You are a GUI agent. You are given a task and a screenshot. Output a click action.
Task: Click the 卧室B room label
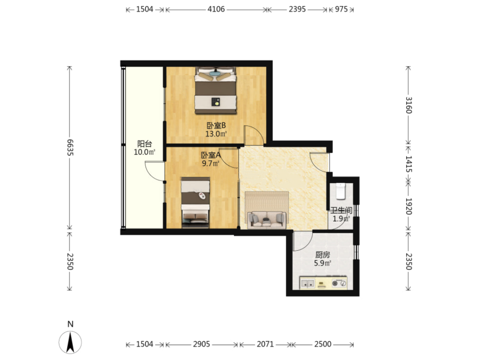[x=216, y=125]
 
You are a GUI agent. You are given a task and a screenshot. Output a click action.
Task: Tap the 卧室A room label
[x=211, y=155]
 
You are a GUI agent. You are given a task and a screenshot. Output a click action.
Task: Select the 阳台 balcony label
[x=145, y=144]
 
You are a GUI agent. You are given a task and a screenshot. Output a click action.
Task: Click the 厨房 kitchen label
[x=323, y=255]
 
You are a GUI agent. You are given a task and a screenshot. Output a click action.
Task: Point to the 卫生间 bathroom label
[x=341, y=210]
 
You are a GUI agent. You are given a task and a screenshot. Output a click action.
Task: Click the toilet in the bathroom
[x=340, y=191]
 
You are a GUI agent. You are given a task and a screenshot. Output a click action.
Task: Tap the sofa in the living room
[x=267, y=220]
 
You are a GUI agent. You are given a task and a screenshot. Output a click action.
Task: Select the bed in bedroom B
[x=216, y=90]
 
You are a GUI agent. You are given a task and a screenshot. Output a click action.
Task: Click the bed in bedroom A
[x=195, y=202]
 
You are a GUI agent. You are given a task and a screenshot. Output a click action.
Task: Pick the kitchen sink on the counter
[x=308, y=284]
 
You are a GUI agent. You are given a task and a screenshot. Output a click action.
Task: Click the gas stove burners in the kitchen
[x=339, y=284]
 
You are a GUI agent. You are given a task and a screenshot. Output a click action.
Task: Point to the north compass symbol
[x=70, y=342]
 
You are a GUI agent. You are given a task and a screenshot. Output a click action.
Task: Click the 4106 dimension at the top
[x=216, y=9]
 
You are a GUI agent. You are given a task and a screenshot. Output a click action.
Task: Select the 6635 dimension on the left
[x=70, y=147]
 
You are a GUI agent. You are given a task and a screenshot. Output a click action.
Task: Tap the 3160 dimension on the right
[x=408, y=105]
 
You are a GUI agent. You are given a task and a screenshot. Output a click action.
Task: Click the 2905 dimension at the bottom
[x=201, y=344]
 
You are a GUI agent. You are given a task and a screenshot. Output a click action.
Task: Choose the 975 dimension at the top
[x=341, y=9]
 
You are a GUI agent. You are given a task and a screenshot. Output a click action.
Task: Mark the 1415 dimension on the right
[x=408, y=164]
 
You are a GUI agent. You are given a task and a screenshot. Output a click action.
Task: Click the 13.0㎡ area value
[x=216, y=134]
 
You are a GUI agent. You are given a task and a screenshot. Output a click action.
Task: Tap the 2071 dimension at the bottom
[x=265, y=344]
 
